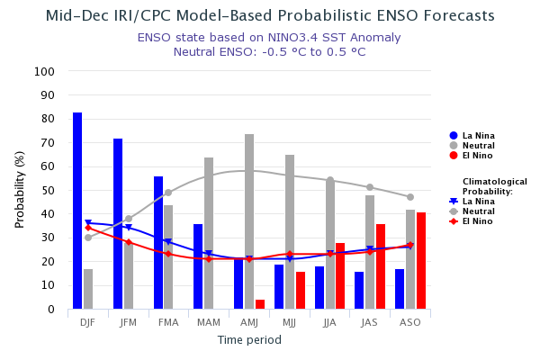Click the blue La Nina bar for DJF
[x=77, y=211]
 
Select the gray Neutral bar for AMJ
[x=249, y=221]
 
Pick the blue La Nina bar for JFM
[x=118, y=224]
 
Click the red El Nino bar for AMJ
[x=260, y=304]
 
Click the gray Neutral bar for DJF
[x=88, y=289]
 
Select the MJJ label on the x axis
[x=290, y=322]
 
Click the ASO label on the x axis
[x=410, y=322]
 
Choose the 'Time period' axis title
[x=249, y=340]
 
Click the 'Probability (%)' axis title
[x=20, y=190]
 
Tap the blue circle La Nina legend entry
[x=454, y=136]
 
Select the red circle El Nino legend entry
[x=454, y=156]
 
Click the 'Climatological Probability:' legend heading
[x=494, y=186]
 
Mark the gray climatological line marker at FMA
[x=168, y=193]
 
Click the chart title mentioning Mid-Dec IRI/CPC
[x=269, y=16]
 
